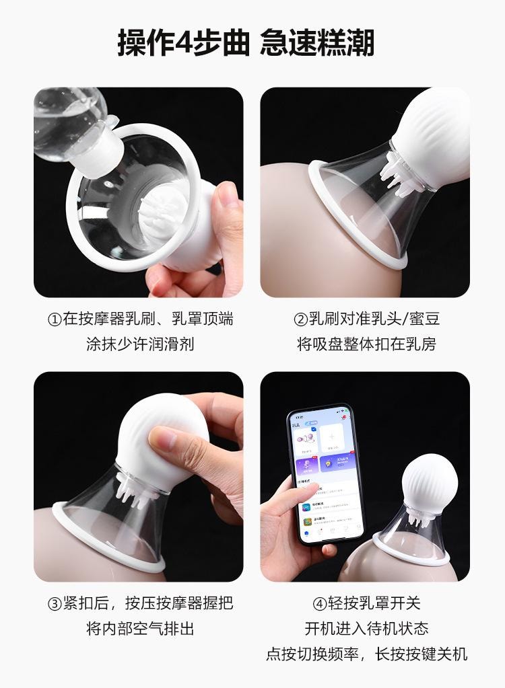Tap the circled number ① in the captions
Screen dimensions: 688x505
click(55, 319)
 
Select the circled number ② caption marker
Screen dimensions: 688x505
click(300, 319)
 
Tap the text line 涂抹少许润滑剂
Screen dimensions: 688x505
click(140, 344)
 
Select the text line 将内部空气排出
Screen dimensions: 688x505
click(140, 629)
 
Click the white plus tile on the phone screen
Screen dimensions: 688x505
click(334, 441)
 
